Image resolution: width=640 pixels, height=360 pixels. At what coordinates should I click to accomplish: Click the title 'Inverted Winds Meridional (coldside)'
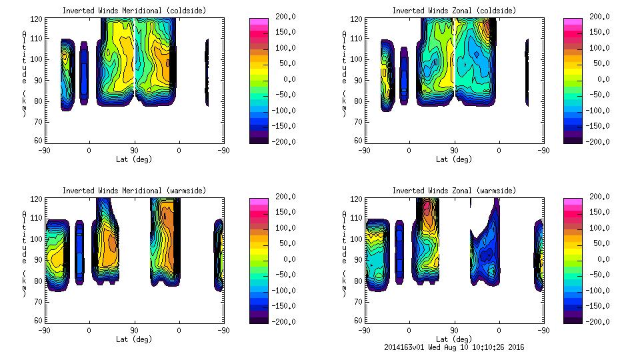click(134, 11)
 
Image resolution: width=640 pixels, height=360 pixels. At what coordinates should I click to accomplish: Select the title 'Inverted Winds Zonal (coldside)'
click(454, 11)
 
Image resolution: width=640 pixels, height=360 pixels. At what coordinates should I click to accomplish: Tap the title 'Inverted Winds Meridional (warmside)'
click(134, 191)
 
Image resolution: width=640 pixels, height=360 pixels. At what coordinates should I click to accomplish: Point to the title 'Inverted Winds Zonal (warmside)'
click(454, 191)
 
